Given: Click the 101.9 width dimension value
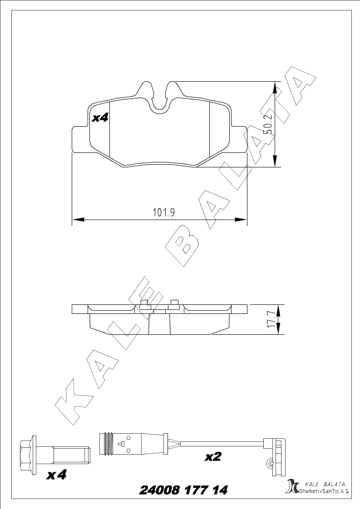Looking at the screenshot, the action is [164, 213].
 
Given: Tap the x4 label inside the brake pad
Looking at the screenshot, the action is [100, 118].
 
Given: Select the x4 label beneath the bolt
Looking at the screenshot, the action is [57, 475].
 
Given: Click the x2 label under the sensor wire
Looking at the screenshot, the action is [213, 457].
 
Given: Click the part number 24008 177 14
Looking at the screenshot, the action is [183, 489].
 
